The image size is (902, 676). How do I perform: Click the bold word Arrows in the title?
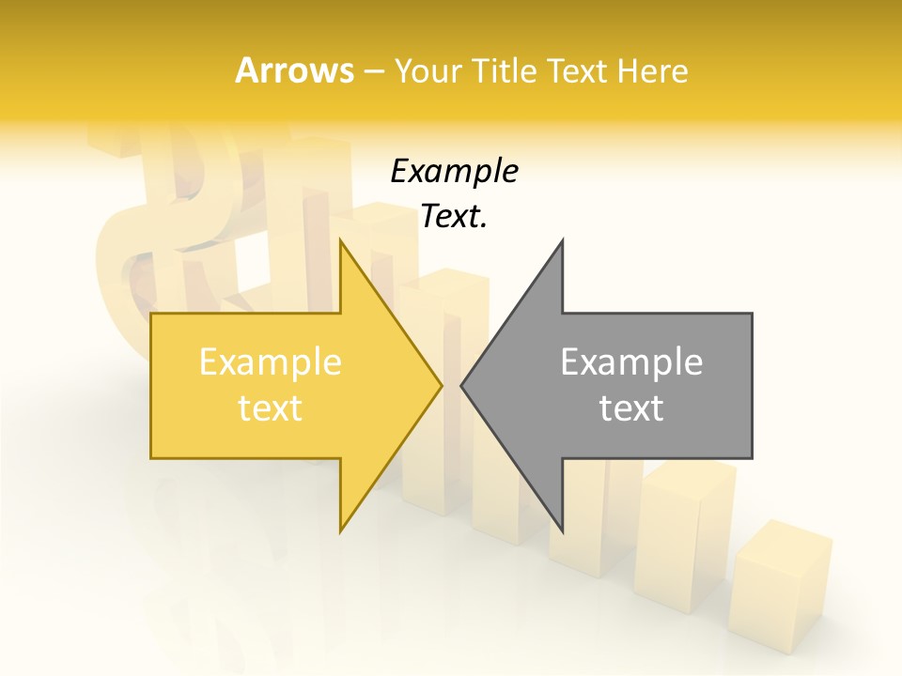coord(295,70)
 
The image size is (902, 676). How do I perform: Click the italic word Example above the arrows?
coord(454,172)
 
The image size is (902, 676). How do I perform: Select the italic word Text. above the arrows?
coord(454,217)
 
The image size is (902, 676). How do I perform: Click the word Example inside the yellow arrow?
coord(271,361)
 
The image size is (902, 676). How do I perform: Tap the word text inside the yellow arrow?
coord(271,408)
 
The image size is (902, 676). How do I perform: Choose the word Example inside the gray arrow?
coord(631,361)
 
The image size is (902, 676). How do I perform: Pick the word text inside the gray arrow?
coord(631,408)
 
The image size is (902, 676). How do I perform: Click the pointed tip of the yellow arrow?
coord(440,385)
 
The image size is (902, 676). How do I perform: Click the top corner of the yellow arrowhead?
coord(341,242)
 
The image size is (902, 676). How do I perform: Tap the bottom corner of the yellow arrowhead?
coord(341,529)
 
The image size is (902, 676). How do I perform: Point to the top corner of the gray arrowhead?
coord(562,242)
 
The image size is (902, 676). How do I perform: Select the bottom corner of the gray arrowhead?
coord(562,529)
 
